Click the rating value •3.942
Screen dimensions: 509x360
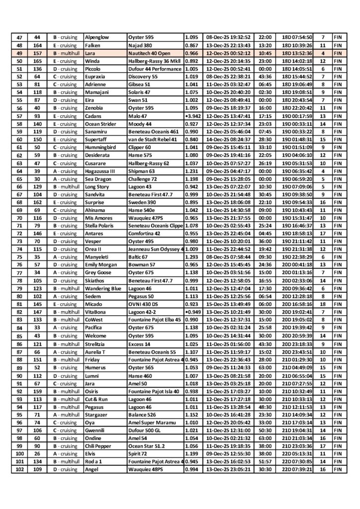point(192,115)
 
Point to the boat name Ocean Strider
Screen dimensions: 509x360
point(101,123)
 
